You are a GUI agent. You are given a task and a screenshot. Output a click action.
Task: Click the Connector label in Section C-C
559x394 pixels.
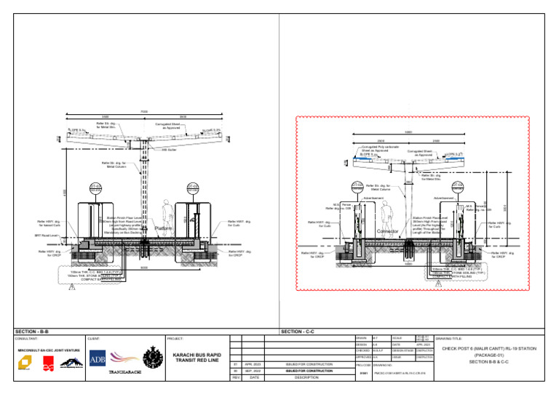click(x=390, y=231)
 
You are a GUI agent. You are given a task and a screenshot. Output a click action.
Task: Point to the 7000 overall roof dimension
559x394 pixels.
click(x=144, y=111)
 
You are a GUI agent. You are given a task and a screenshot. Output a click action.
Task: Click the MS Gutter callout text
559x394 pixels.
click(x=170, y=150)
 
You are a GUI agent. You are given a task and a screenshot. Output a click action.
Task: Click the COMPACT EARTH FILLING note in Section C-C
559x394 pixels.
click(x=456, y=276)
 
